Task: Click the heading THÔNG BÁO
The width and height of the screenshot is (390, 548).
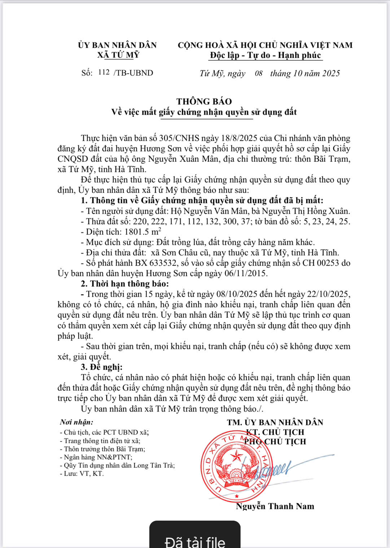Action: (204, 102)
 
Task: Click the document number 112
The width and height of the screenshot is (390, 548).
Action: (104, 72)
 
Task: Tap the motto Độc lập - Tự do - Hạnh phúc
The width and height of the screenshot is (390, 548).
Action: (266, 55)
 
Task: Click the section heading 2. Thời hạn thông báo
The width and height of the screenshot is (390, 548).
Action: (125, 284)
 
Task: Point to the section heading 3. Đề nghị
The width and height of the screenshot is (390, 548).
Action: (102, 367)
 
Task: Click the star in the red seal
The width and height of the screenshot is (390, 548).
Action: (237, 456)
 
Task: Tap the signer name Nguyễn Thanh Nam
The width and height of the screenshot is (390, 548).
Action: (275, 506)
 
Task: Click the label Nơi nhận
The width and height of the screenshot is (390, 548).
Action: (76, 422)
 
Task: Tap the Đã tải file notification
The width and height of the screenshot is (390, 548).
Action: (195, 541)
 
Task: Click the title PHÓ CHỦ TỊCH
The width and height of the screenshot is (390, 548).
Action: (275, 441)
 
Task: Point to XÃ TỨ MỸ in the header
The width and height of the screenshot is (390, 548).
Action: (118, 55)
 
